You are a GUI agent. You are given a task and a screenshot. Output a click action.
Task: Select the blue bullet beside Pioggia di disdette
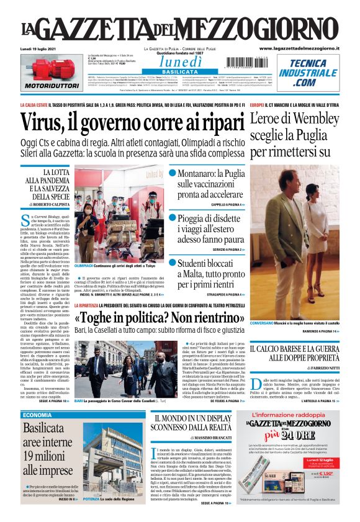[x=173, y=218]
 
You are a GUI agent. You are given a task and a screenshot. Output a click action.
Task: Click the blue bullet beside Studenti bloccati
[x=173, y=263]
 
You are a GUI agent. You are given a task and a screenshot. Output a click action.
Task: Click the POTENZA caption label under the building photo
[x=91, y=516]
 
